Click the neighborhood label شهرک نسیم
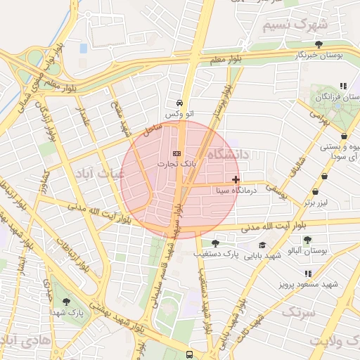pyautogui.click(x=295, y=25)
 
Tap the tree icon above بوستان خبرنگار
pyautogui.click(x=320, y=44)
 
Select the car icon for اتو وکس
pyautogui.click(x=180, y=102)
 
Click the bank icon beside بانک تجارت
pyautogui.click(x=176, y=153)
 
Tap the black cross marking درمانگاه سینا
pyautogui.click(x=236, y=180)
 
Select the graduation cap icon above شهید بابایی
pyautogui.click(x=262, y=245)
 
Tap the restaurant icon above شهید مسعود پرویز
pyautogui.click(x=308, y=274)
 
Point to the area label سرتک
pyautogui.click(x=298, y=310)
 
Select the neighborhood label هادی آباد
pyautogui.click(x=21, y=340)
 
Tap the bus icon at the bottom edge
pyautogui.click(x=189, y=354)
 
